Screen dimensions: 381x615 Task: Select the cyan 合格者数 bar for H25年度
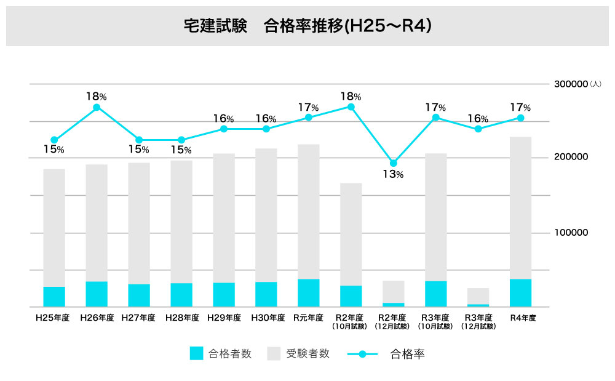point(54,296)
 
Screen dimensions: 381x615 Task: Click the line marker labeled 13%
point(394,163)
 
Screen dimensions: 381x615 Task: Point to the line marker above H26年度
point(97,108)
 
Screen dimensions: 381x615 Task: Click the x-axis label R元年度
point(309,318)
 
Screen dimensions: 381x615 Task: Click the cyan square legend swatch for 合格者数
point(196,353)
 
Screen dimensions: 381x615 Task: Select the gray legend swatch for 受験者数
point(274,353)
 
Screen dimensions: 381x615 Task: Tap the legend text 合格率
point(407,354)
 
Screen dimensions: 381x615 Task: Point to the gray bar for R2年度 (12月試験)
point(394,291)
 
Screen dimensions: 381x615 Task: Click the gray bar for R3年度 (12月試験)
point(478,295)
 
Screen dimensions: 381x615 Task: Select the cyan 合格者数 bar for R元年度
point(309,292)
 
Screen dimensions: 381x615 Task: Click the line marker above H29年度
point(224,129)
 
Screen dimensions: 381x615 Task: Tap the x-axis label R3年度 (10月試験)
point(436,321)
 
